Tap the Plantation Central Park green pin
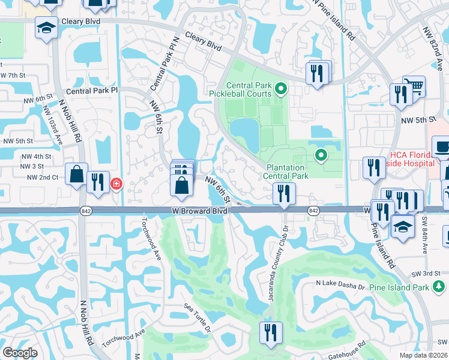[321, 156]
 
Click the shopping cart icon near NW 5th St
[414, 87]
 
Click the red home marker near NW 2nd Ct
[116, 184]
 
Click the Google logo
[20, 353]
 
